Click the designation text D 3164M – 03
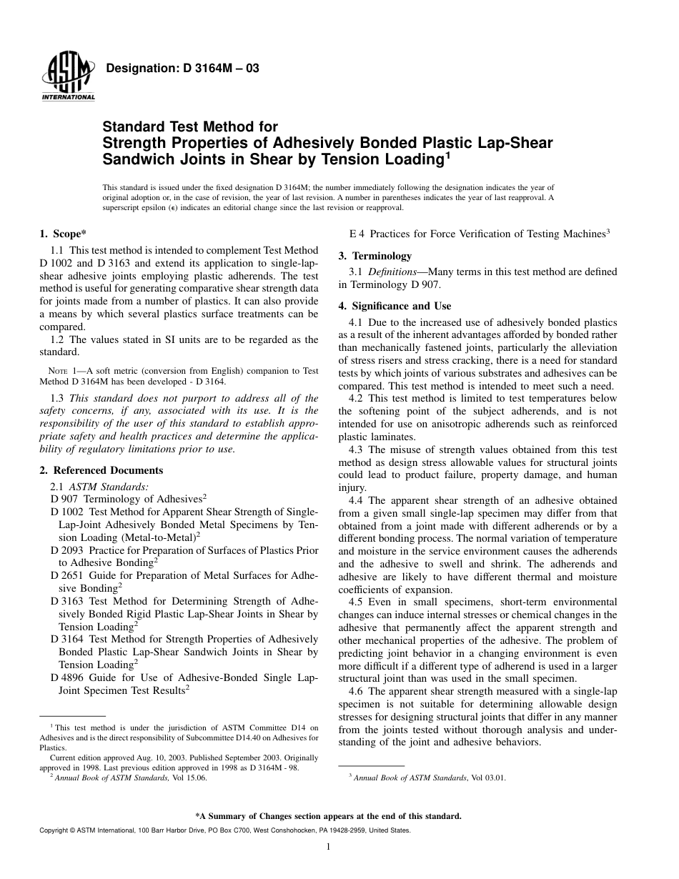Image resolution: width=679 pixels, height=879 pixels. [x=182, y=69]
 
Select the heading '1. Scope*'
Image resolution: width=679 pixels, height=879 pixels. [x=64, y=234]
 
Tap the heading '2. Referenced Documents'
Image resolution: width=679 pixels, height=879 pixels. [x=101, y=470]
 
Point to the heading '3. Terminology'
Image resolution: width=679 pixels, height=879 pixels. [x=375, y=255]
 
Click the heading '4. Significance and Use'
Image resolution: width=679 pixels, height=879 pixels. [x=395, y=307]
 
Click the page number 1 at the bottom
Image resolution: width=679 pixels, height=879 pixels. [x=327, y=847]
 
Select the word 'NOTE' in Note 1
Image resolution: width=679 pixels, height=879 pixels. [x=57, y=371]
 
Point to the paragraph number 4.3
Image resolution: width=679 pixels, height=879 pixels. [x=357, y=450]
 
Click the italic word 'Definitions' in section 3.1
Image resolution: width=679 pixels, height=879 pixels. [x=391, y=272]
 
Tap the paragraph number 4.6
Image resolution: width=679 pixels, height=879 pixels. [x=357, y=691]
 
